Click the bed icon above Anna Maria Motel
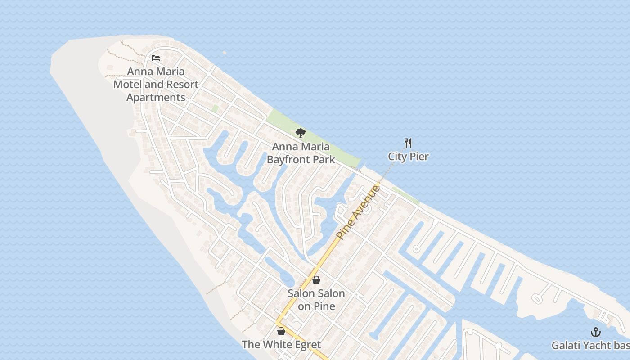click(x=156, y=58)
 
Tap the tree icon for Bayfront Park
click(x=301, y=133)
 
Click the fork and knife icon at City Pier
click(x=408, y=144)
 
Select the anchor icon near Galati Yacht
click(x=596, y=333)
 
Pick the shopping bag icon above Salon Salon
click(x=316, y=280)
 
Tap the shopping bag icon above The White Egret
click(x=281, y=332)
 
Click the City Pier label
click(x=408, y=157)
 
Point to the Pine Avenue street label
click(x=359, y=211)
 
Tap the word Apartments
click(x=156, y=98)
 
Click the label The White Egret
click(x=281, y=345)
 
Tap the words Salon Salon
click(x=316, y=293)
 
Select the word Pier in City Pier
click(x=419, y=157)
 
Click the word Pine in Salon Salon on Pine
click(x=325, y=306)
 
